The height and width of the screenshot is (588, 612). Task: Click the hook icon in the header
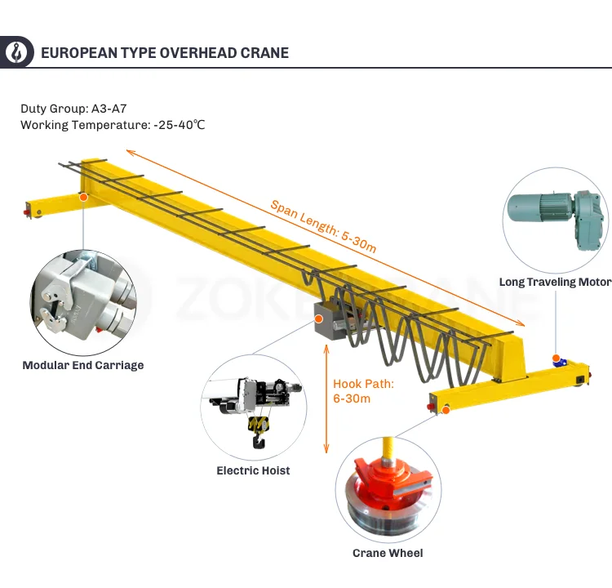coord(16,52)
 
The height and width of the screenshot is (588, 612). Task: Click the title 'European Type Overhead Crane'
coord(164,53)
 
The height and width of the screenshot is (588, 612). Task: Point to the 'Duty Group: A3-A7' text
coord(73,108)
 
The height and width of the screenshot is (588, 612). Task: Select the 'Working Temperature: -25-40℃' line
coord(113,125)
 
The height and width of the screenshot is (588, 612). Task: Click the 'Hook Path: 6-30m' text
coord(364,390)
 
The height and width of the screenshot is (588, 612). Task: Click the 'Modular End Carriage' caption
coord(82,365)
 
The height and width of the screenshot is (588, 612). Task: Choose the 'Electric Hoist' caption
coord(253,470)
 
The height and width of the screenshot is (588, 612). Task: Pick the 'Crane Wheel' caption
coord(388,553)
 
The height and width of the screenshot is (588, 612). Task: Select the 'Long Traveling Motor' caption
coord(555,283)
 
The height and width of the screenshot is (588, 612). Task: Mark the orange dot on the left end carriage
coord(82,196)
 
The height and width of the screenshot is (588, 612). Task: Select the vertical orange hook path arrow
coord(326,399)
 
